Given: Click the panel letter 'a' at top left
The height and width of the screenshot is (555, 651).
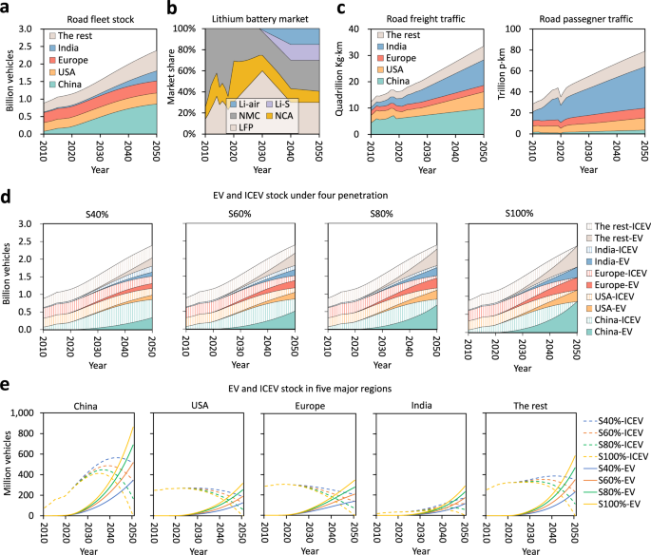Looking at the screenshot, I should (6, 8).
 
